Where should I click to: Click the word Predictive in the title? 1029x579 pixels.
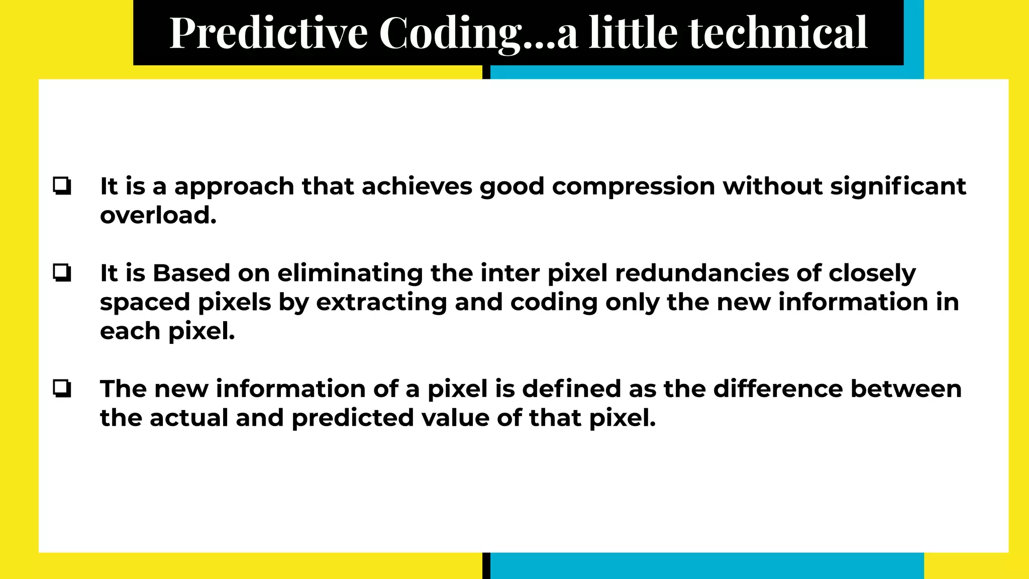(x=269, y=33)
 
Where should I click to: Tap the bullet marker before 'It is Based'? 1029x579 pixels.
(x=62, y=273)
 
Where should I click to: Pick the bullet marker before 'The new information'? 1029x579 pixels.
(x=62, y=389)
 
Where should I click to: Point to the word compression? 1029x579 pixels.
(x=634, y=187)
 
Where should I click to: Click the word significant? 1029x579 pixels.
(x=898, y=187)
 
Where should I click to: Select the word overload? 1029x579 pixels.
(x=158, y=216)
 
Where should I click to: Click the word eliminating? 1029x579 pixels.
(x=350, y=274)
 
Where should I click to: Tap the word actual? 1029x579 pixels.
(x=189, y=418)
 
